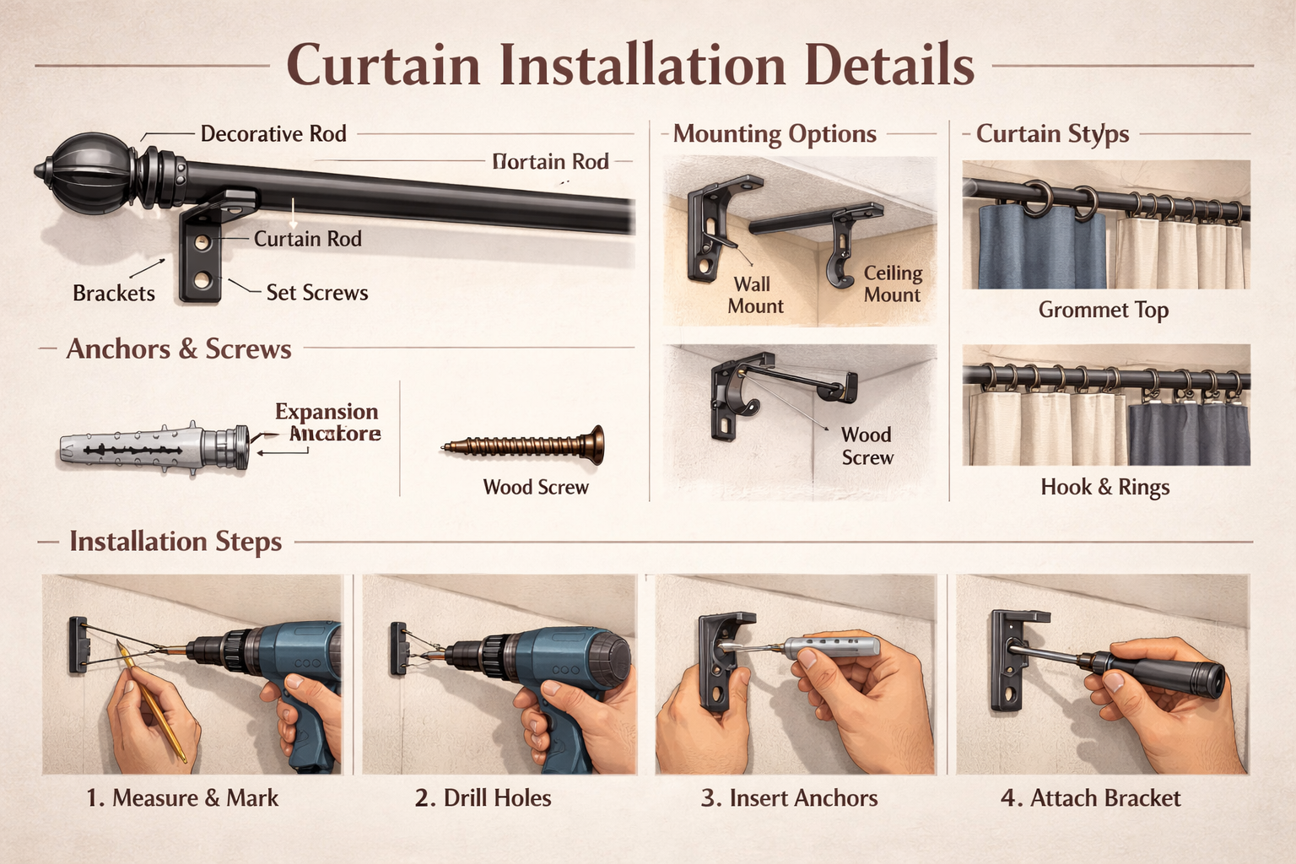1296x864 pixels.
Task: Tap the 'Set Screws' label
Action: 317,293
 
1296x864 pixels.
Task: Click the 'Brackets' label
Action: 114,294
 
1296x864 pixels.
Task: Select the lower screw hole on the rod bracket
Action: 202,278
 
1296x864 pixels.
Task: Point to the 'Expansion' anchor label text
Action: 327,412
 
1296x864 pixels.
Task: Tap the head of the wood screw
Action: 597,445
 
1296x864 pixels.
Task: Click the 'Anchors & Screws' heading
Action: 179,349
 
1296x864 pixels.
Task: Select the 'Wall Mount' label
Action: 754,295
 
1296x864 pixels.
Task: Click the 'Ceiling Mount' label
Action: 893,284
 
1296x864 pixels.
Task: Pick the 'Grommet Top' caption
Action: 1103,310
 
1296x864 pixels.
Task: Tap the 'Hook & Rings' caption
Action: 1104,488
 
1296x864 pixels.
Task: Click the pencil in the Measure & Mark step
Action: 152,700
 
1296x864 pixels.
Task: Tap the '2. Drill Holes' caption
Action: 483,798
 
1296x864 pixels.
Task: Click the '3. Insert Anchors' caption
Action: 789,798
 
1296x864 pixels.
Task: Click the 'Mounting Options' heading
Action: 775,134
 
